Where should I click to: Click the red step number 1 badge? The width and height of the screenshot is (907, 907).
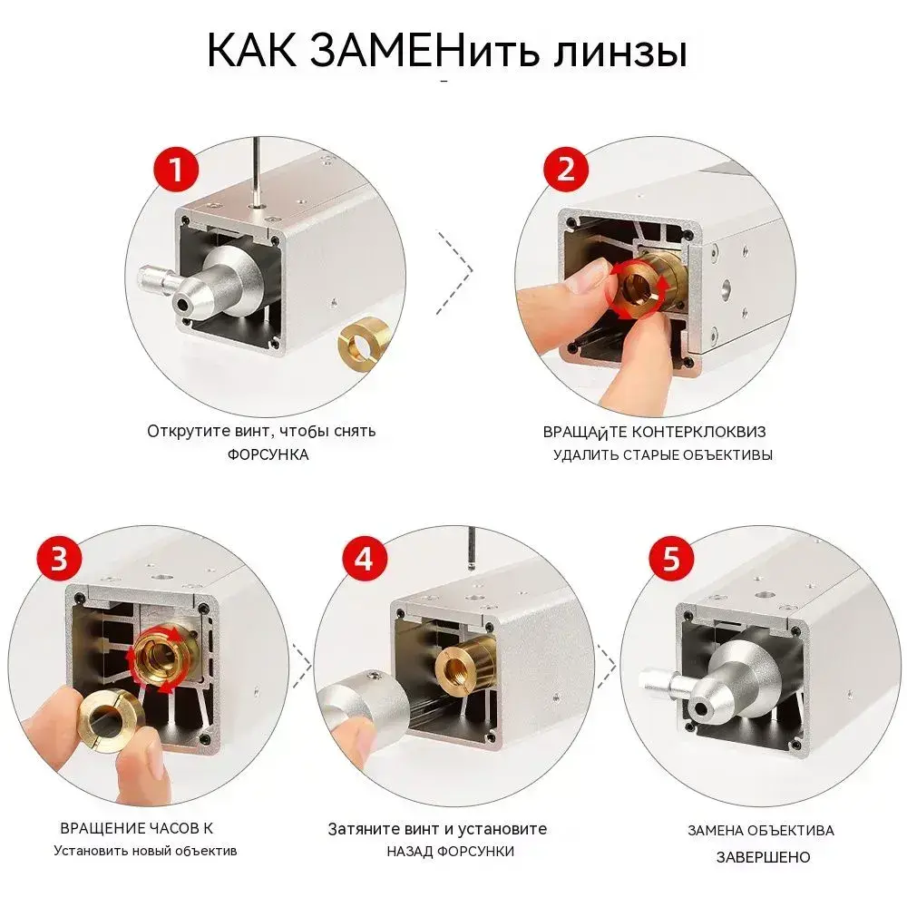coord(176,171)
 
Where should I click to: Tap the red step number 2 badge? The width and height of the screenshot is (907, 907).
coord(565,170)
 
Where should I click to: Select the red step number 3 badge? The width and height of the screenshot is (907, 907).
coord(60,559)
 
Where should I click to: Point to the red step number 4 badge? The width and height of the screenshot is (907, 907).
coord(364,559)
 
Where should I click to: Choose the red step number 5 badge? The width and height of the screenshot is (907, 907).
coord(671,559)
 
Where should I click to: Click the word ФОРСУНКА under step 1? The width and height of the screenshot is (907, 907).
coord(268,454)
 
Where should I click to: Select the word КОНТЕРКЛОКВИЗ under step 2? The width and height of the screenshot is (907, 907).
coord(698,432)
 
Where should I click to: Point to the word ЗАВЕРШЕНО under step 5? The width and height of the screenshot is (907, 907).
coord(763,857)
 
